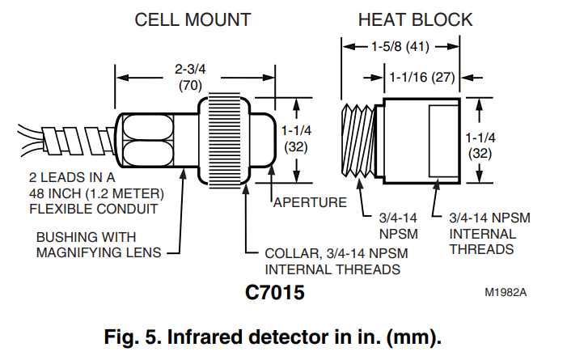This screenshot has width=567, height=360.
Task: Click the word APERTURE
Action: [309, 201]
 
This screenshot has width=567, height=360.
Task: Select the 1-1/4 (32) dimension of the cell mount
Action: [297, 138]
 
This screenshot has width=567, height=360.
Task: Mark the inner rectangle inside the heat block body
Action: [444, 140]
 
